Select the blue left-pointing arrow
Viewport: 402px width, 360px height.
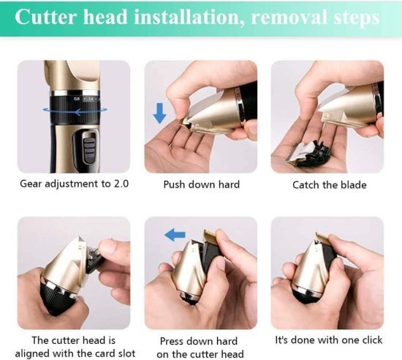coord(175,235)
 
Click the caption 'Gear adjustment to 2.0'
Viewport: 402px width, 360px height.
coord(74,184)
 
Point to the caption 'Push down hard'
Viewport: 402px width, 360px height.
coord(201,184)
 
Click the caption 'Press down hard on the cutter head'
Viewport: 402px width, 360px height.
coord(201,346)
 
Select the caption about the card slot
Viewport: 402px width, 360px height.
coord(74,346)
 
